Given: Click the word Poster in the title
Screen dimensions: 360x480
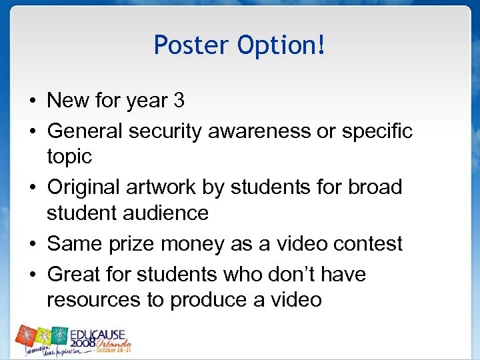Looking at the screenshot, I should click(191, 45).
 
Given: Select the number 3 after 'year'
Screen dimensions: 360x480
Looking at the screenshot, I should click(179, 101).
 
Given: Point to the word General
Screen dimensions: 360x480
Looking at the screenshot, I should click(85, 131).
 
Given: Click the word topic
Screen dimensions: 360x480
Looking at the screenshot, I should click(69, 157).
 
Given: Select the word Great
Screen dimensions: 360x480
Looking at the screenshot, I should click(74, 274).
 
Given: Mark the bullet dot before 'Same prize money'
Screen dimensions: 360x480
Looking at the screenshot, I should click(33, 244).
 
